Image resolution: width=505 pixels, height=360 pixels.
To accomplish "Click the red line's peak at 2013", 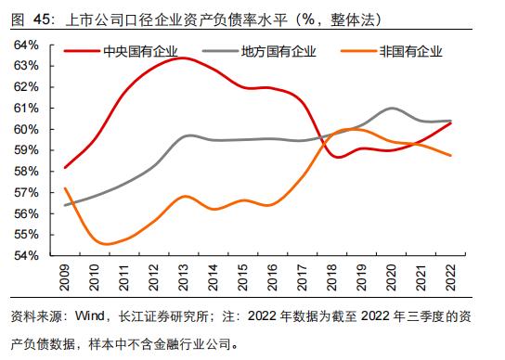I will [x=183, y=58].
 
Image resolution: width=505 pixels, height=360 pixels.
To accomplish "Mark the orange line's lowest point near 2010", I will [x=106, y=245].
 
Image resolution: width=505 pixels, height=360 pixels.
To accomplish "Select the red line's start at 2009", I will [x=64, y=168].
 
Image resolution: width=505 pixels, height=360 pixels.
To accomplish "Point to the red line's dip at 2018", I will [x=335, y=157].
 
